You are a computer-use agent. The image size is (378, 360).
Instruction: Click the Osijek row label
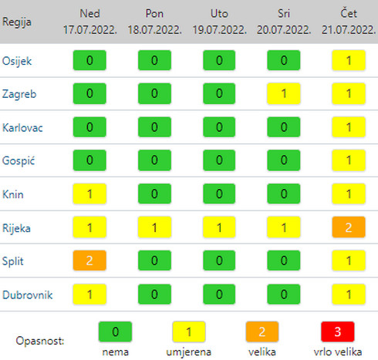tap(17, 61)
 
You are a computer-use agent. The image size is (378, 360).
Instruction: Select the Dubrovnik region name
tap(28, 294)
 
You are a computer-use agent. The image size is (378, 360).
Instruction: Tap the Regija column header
tap(17, 22)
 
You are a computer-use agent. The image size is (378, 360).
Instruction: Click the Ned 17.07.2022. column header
tap(89, 22)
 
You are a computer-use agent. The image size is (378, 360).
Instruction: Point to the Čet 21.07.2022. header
tap(349, 22)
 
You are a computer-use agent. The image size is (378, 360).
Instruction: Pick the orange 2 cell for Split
tap(89, 261)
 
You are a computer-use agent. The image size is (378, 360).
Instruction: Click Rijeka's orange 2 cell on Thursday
tap(349, 227)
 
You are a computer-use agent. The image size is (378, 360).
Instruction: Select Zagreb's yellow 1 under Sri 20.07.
tap(284, 93)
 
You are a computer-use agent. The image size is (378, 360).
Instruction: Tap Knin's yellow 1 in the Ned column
tap(89, 193)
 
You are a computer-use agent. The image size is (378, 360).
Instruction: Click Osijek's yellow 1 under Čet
tap(349, 60)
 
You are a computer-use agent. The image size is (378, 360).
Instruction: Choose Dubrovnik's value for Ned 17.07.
tap(89, 294)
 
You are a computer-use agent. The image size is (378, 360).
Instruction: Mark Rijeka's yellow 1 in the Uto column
tap(219, 227)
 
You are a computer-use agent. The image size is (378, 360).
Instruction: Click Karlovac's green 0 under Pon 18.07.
tap(154, 127)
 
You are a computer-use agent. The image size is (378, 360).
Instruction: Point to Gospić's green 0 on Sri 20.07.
tap(284, 160)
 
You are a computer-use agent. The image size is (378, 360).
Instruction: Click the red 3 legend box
tap(338, 331)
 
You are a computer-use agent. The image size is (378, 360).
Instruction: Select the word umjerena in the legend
tap(189, 352)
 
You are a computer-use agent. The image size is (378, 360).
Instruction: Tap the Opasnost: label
tap(40, 341)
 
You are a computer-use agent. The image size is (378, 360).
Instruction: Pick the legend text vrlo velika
tap(338, 352)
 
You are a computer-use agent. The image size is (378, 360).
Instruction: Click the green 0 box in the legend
tap(115, 331)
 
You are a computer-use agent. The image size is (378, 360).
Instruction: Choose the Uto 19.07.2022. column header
tap(219, 22)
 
